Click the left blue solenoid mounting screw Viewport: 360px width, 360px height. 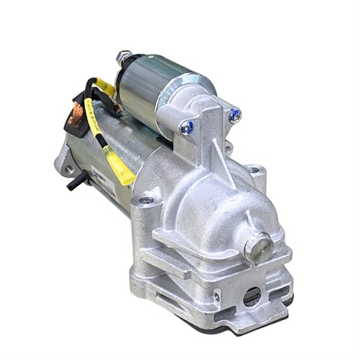coord(186,129)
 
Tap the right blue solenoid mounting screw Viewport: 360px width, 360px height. coord(234,115)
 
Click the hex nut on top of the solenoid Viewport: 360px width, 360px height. coord(124,58)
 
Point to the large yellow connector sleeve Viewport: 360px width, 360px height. coord(121,169)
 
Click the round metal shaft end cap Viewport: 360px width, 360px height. coord(258,244)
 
